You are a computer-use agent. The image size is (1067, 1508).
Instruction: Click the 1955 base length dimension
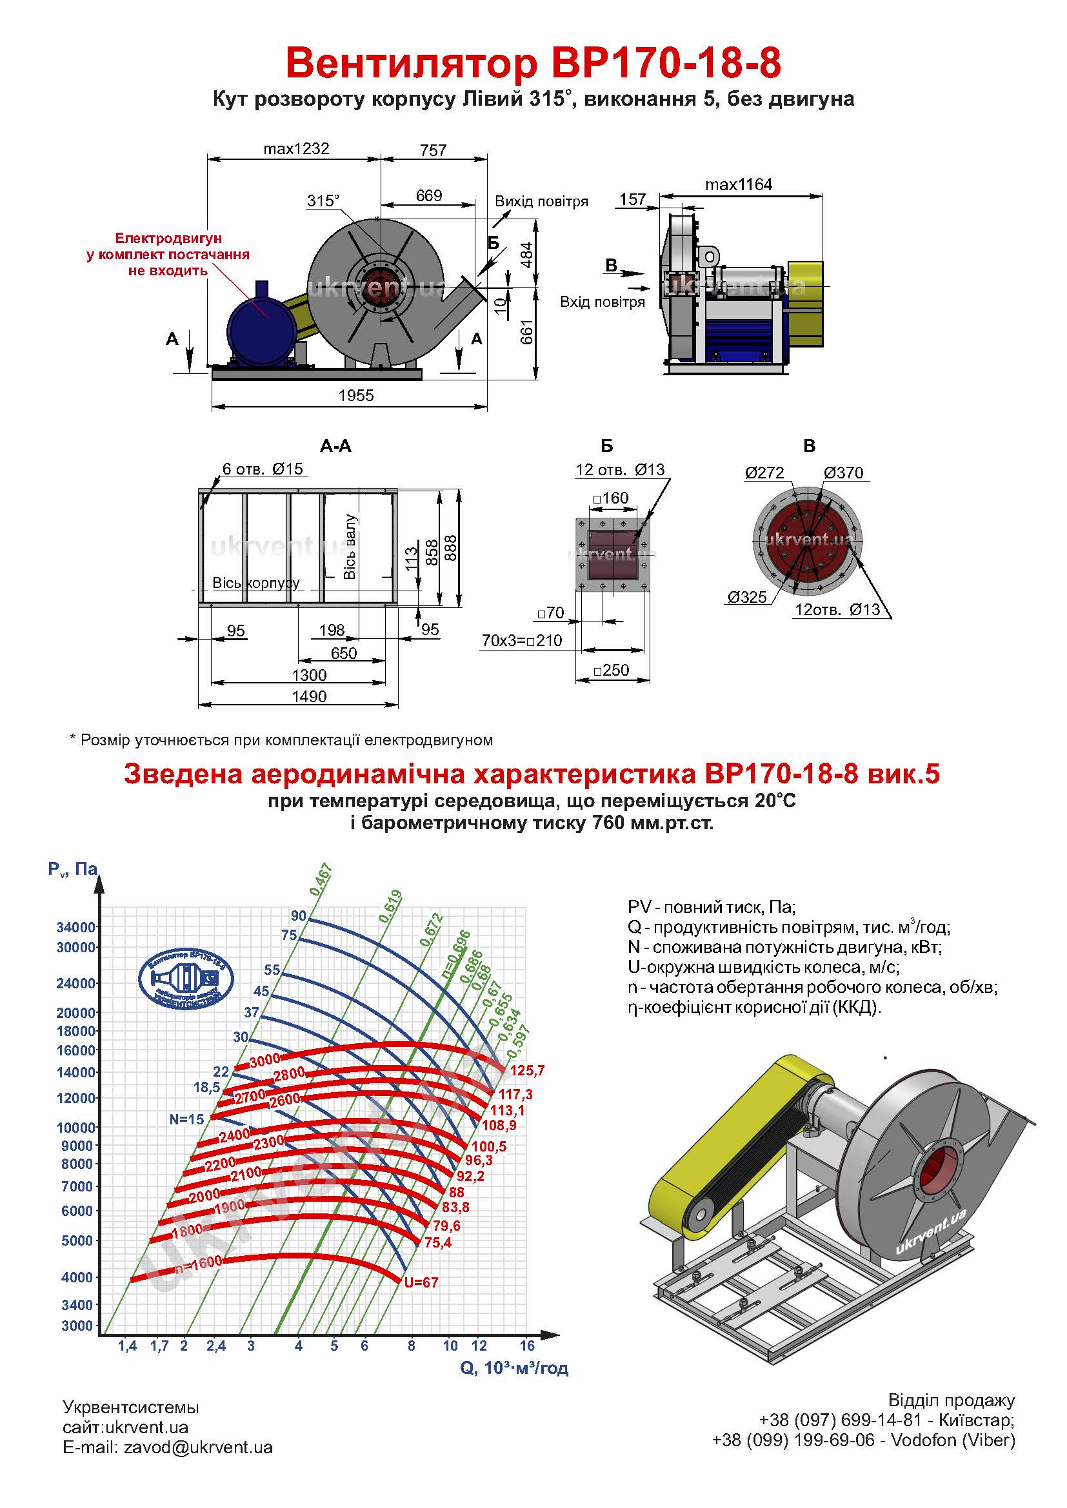pos(355,395)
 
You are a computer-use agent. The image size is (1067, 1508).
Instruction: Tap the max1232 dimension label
pos(295,149)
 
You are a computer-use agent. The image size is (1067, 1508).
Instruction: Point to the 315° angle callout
pos(323,201)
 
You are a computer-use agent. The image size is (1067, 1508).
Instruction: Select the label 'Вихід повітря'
pos(541,202)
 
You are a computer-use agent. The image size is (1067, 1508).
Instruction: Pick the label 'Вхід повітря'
pos(602,302)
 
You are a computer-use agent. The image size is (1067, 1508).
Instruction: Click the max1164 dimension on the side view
pos(739,184)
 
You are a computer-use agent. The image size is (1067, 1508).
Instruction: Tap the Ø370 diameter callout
pos(844,473)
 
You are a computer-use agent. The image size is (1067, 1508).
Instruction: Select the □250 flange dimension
pos(612,671)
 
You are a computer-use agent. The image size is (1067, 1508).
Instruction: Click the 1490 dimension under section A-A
pos(309,696)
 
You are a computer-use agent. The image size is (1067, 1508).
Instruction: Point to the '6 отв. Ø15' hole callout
pos(263,469)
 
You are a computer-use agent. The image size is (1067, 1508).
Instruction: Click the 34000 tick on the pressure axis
pos(76,927)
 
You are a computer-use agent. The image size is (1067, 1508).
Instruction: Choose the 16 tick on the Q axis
pos(526,1346)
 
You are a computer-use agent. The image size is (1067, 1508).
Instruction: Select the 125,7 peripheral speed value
pos(527,1072)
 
